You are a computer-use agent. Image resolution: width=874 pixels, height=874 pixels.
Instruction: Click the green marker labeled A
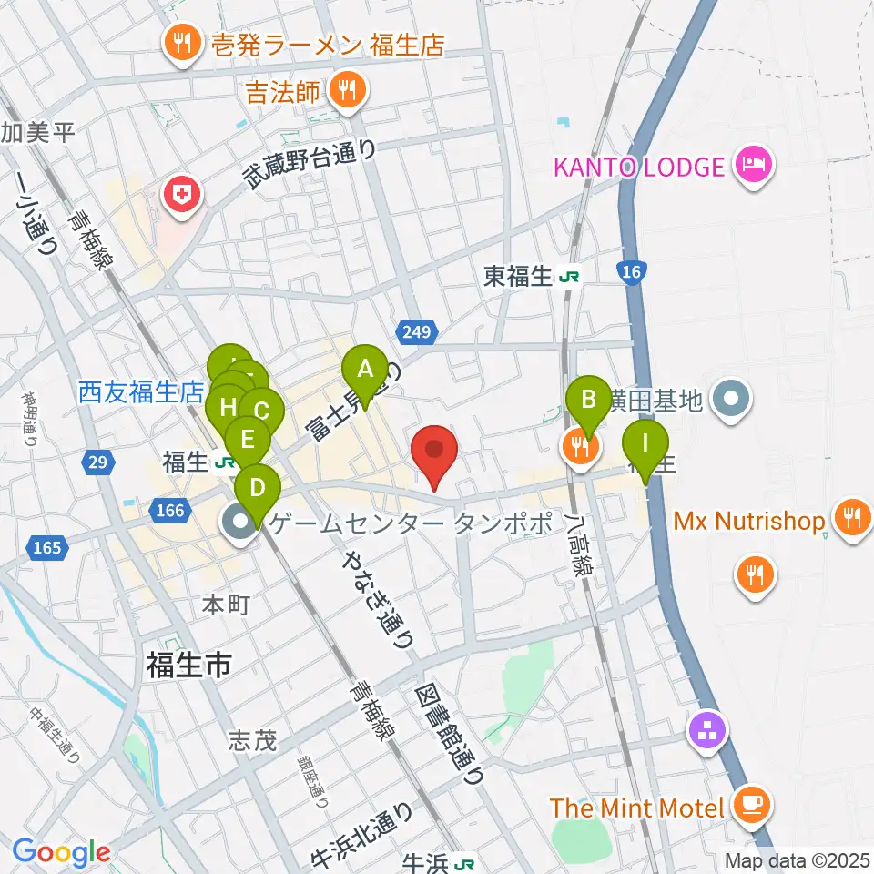365,371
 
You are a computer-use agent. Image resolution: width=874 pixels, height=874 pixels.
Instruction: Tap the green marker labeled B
589,400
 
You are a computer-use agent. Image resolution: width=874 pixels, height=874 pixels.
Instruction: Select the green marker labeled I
645,443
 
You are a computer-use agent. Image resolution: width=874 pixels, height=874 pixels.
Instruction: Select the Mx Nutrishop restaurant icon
852,521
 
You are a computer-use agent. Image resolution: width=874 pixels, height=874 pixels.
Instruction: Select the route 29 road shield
99,462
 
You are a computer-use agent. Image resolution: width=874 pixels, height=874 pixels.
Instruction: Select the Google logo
62,853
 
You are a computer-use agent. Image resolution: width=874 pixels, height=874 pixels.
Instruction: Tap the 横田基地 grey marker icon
731,400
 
